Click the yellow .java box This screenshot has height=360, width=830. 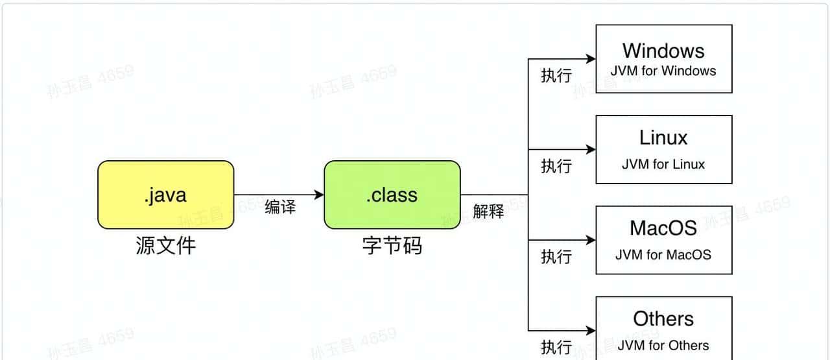pos(165,195)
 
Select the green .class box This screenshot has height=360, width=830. pos(392,195)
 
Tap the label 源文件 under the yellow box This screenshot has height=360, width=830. pos(165,246)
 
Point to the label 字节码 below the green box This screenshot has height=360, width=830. pos(392,246)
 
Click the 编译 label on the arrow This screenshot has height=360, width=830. pos(280,208)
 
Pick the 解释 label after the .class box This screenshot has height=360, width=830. pos(488,211)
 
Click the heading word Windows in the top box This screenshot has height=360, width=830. pos(663,51)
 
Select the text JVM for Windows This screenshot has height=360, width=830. pos(663,71)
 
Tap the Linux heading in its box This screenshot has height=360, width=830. pos(663,138)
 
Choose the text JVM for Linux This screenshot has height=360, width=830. pos(663,164)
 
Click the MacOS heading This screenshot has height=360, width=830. pos(663,228)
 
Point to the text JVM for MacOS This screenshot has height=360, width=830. pos(663,254)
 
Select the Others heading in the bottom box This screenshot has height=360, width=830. pos(663,318)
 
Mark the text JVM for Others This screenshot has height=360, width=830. pos(663,345)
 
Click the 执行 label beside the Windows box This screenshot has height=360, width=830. pos(556,76)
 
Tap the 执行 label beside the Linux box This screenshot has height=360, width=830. pos(556,166)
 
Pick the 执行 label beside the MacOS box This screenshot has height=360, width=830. pos(556,257)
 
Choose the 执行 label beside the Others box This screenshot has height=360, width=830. pos(556,347)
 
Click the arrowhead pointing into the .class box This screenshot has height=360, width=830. pos(318,195)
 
